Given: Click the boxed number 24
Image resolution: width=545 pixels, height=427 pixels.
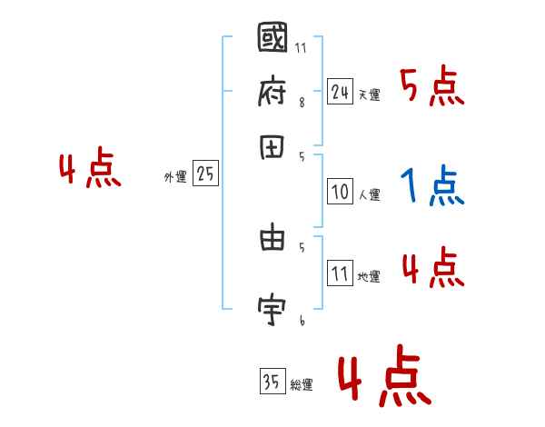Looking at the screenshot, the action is [x=340, y=92].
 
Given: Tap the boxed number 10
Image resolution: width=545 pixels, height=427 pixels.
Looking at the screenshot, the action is [x=340, y=192].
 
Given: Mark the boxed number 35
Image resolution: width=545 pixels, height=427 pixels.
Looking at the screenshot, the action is [x=272, y=382].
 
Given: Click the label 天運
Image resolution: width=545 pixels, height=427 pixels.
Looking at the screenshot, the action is [x=370, y=94].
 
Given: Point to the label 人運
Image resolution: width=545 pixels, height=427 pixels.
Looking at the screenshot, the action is [x=370, y=194].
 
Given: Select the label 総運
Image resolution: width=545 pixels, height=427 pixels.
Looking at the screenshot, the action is [x=302, y=385].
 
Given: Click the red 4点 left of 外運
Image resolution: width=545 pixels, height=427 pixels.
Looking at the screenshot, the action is [x=90, y=171].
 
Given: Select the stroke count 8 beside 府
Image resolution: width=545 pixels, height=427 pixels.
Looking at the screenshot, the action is [x=302, y=103].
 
